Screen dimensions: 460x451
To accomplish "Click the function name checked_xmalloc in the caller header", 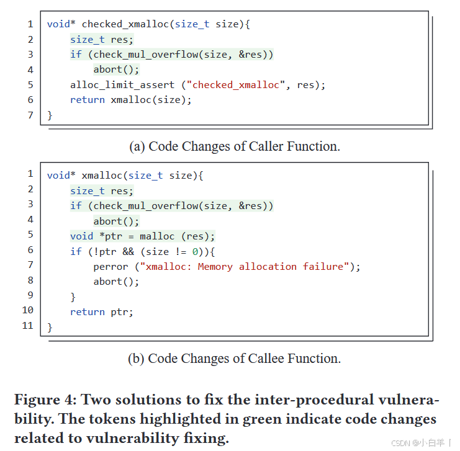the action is (126, 24).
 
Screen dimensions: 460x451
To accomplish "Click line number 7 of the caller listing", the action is (30, 115).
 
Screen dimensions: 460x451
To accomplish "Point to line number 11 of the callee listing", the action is (27, 326).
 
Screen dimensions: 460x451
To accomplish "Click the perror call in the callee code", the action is (111, 267).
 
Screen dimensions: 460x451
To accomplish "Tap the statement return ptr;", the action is (101, 312).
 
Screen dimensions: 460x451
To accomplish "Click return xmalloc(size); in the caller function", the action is (130, 100).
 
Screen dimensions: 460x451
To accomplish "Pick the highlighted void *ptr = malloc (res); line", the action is (142, 236).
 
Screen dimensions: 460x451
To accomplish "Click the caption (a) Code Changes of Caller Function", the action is (234, 146).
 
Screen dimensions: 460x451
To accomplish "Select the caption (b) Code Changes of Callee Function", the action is (234, 359).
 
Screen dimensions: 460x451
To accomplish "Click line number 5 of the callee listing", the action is (30, 234).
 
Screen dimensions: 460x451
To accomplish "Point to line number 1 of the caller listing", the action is (30, 24).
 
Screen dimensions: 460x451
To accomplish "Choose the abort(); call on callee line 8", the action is (116, 282).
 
